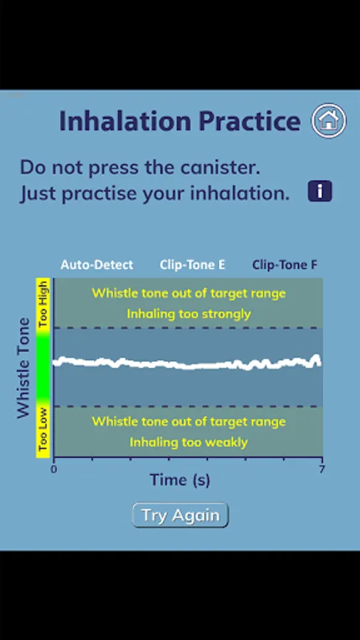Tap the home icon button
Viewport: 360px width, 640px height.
pos(329,121)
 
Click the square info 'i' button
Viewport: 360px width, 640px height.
pos(320,191)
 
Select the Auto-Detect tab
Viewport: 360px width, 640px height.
pos(97,265)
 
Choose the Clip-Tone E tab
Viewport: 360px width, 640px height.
pos(192,265)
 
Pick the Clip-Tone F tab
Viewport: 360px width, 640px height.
pos(285,265)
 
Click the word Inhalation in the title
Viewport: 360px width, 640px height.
pos(125,121)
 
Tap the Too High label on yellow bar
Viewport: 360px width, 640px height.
pos(43,304)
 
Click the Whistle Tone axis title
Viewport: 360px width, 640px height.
pos(23,368)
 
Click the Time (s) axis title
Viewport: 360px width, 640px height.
pos(180,479)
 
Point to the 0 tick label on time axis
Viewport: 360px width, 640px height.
pos(53,469)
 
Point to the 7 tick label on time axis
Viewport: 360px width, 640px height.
pos(322,469)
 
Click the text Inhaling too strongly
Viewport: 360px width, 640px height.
pos(189,314)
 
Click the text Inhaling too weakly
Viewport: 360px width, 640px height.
pos(189,442)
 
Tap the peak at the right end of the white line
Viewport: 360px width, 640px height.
pos(317,357)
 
